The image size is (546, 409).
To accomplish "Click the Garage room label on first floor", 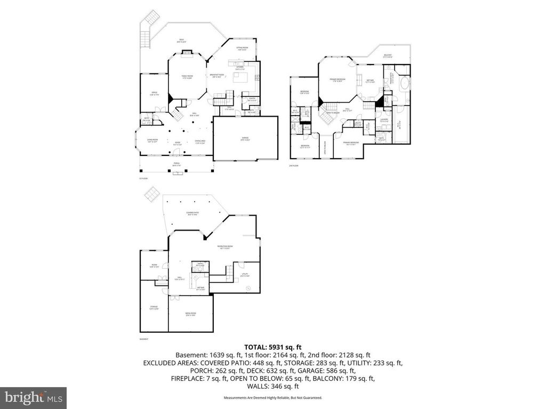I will point(245,138).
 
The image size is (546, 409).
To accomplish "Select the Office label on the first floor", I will point(154,94).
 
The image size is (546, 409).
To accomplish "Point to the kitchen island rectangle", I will point(239,79).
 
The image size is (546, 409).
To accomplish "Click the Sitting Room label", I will point(243,48).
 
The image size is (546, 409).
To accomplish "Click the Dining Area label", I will point(200,141).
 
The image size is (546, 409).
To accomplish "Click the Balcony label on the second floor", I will point(388,55).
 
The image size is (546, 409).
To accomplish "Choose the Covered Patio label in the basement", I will point(192,214).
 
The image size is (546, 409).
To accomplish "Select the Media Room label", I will point(190,314).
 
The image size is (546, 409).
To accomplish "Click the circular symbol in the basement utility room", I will point(247,289).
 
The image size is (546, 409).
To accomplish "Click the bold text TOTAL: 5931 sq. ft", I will point(273,347).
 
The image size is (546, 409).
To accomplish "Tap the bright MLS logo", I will point(33,397).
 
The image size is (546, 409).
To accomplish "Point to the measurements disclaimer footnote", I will point(272,398).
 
